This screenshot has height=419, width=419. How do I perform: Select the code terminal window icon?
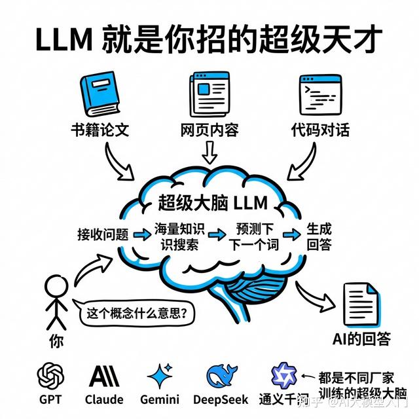coord(320,94)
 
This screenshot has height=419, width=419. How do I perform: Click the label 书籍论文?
coord(100,130)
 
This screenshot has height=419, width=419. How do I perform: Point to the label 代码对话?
coord(320,130)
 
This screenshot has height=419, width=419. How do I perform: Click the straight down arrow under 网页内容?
coord(209,153)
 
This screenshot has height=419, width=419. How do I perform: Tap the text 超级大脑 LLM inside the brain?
coord(213,203)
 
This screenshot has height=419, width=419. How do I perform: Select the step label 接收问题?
coord(103,234)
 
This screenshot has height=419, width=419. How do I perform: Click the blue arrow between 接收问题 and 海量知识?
coord(142,234)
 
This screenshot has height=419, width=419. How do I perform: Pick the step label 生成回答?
coord(319,236)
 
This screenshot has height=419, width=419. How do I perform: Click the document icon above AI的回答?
coord(361,304)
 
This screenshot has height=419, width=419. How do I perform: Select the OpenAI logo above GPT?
coord(50,376)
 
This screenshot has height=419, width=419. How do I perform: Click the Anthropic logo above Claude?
coord(104,376)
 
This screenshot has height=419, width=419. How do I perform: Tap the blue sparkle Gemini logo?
coord(160,376)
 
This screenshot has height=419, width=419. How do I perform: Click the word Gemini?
coord(160,400)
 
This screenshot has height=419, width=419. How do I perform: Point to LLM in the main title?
coord(64,39)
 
